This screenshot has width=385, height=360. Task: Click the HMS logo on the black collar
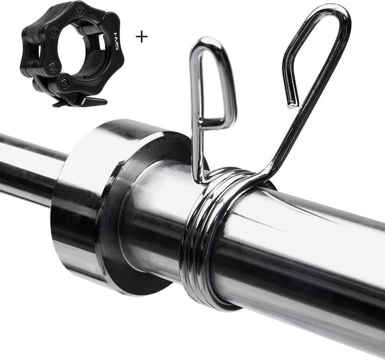tap(117, 41)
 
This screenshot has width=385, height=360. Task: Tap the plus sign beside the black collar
tap(141, 36)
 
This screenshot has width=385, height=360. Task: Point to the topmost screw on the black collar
tap(80, 10)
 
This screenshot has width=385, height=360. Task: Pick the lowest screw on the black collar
tap(65, 83)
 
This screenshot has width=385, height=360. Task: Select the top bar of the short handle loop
tap(211, 43)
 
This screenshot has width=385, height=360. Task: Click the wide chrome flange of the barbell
tap(80, 208)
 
